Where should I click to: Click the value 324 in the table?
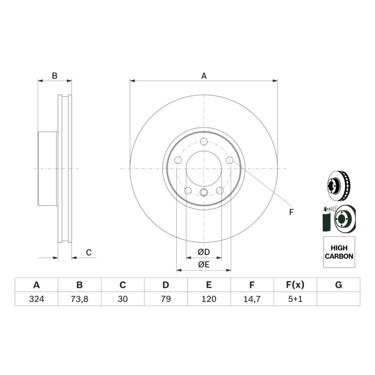36,299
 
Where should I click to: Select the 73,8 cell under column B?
80,299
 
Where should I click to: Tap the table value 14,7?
252,299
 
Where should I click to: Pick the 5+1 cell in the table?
295,299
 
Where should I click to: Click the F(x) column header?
295,285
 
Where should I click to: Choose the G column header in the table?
339,285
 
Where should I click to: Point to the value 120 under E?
209,299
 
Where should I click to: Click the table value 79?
166,299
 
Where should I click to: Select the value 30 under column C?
123,299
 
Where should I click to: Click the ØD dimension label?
204,252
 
